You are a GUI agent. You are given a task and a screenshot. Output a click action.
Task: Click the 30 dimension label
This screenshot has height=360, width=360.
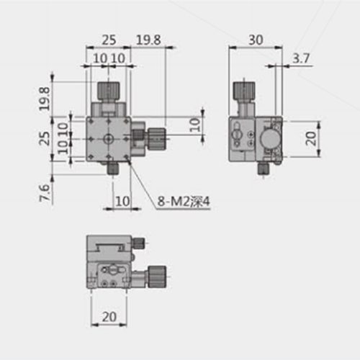pyautogui.click(x=256, y=40)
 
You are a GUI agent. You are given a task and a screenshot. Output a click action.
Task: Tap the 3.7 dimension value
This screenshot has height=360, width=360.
pyautogui.click(x=301, y=58)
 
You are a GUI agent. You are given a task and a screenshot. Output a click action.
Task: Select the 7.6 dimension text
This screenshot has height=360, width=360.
pyautogui.click(x=45, y=193)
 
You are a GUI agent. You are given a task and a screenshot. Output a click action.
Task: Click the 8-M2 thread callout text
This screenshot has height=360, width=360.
pyautogui.click(x=184, y=202)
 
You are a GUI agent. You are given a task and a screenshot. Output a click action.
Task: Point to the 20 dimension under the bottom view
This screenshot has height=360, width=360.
pyautogui.click(x=109, y=317)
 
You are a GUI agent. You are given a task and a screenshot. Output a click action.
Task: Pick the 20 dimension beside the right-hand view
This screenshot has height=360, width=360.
pyautogui.click(x=311, y=138)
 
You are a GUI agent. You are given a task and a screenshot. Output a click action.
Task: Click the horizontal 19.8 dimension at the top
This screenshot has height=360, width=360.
pyautogui.click(x=148, y=40)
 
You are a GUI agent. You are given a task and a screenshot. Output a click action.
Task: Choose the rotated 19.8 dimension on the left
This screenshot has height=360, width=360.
pyautogui.click(x=45, y=99)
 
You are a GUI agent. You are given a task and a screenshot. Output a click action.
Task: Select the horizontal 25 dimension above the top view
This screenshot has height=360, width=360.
pyautogui.click(x=109, y=40)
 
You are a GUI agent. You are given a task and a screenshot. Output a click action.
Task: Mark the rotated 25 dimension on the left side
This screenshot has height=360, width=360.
pyautogui.click(x=45, y=138)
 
